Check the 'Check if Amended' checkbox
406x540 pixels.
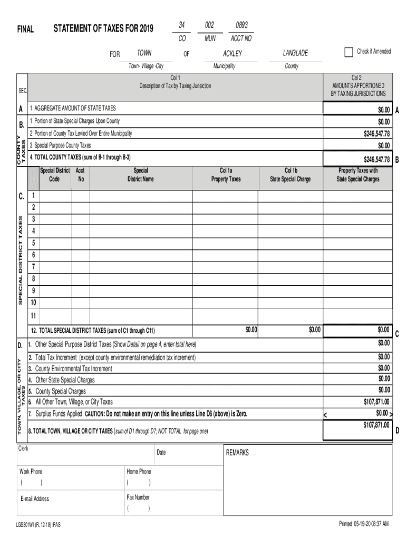point(348,52)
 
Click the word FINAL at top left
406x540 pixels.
point(25,30)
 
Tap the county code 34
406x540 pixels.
point(181,25)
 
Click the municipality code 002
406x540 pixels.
point(209,25)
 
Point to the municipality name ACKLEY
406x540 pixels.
point(232,54)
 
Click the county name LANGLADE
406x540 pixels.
point(295,53)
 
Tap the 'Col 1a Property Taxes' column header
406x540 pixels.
point(226,175)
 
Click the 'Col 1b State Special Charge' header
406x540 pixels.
point(291,175)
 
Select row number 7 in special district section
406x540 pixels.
point(34,267)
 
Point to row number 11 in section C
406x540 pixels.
point(34,315)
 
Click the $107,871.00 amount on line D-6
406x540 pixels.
point(376,401)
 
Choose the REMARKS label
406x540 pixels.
point(237,453)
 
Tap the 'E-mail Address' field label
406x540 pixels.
point(35,499)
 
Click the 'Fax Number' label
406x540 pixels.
point(138,497)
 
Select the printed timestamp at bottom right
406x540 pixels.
point(363,524)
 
